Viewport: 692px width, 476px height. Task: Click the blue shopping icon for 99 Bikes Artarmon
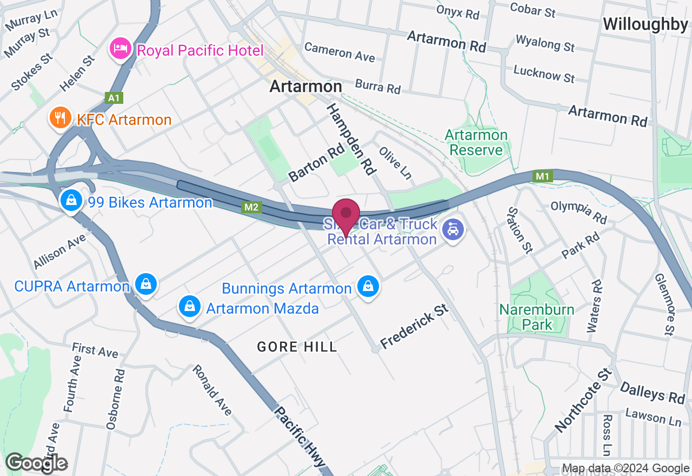coord(71,201)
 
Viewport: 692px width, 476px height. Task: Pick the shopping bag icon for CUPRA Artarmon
coord(145,283)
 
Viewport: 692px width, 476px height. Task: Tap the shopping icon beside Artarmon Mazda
coord(190,307)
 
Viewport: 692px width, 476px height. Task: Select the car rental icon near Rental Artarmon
coord(453,230)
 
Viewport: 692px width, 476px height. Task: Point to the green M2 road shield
coord(251,207)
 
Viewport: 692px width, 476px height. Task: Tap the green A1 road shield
coord(114,98)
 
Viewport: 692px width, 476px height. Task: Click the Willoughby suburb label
coord(646,24)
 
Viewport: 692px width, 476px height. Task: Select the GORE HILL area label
coord(297,347)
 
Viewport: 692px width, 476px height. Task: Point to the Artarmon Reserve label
coord(476,142)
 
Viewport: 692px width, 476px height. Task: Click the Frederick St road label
coord(415,326)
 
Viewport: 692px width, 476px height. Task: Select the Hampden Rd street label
coord(351,139)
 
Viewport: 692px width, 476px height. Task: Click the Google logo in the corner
coord(37,463)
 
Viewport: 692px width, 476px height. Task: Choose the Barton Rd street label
coord(316,162)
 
